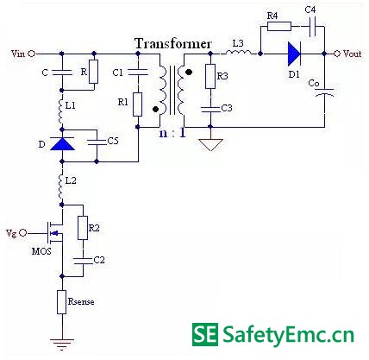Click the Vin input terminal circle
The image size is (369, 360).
pyautogui.click(x=32, y=54)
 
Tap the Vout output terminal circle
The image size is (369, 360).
pyautogui.click(x=337, y=54)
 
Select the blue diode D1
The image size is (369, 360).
pyautogui.click(x=294, y=54)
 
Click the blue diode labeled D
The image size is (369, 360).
pyautogui.click(x=62, y=144)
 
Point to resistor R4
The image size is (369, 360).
pyautogui.click(x=279, y=27)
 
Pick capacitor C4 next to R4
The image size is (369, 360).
pyautogui.click(x=313, y=27)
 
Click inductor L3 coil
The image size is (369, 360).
pyautogui.click(x=238, y=52)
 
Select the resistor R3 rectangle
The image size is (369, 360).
pyautogui.click(x=210, y=76)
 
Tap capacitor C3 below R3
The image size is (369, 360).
pyautogui.click(x=210, y=110)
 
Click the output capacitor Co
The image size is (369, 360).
pyautogui.click(x=325, y=92)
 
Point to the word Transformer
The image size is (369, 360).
pyautogui.click(x=173, y=44)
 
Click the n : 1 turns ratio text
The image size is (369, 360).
pyautogui.click(x=172, y=133)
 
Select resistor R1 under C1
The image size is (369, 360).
pyautogui.click(x=137, y=104)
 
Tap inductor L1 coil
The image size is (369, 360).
pyautogui.click(x=61, y=111)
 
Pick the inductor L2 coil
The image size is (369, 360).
pyautogui.click(x=61, y=186)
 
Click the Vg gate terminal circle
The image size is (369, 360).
pyautogui.click(x=23, y=232)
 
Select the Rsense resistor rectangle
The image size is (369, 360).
pyautogui.click(x=62, y=302)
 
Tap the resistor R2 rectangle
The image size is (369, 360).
pyautogui.click(x=83, y=228)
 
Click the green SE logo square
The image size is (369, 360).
pyautogui.click(x=205, y=334)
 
